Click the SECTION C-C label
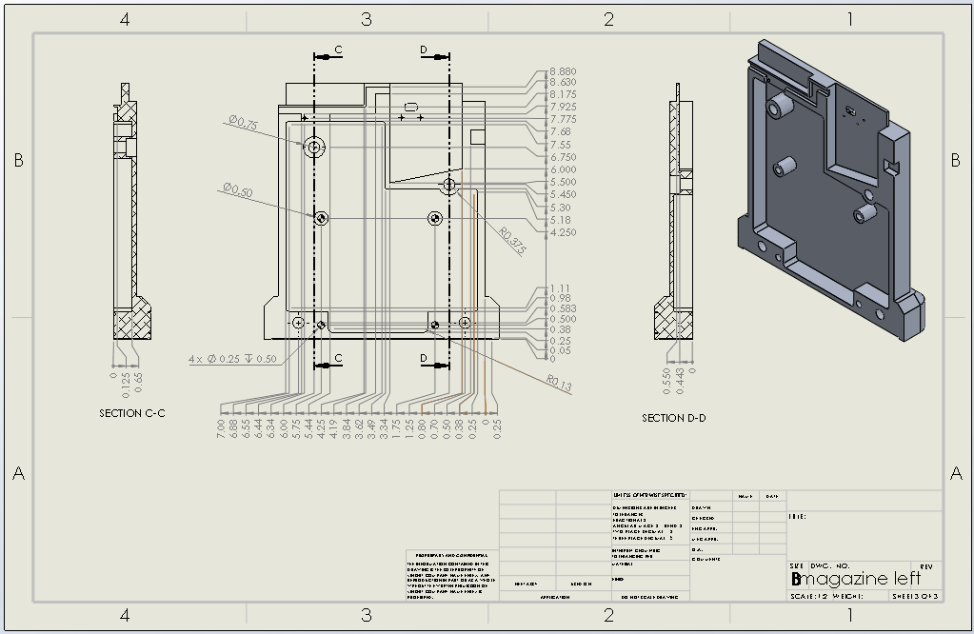click(132, 413)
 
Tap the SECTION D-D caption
click(674, 418)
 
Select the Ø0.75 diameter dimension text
click(243, 124)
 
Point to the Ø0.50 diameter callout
click(237, 191)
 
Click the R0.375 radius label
click(512, 241)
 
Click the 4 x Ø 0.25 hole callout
click(232, 359)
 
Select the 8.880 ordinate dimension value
click(563, 71)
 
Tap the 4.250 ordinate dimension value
click(563, 232)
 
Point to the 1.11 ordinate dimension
click(559, 288)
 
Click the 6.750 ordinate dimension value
click(563, 157)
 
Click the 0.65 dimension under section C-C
click(139, 379)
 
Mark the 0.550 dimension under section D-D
click(666, 377)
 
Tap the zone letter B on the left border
click(18, 161)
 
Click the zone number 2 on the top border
click(609, 19)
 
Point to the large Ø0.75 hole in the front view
click(314, 147)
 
